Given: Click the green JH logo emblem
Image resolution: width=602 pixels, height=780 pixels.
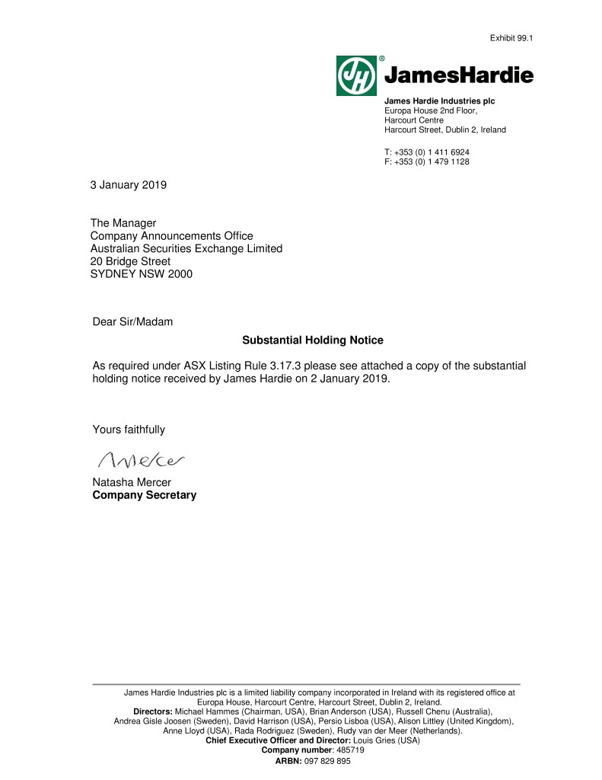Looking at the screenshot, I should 356,75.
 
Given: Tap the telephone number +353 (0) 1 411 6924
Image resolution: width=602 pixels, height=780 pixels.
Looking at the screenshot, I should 437,152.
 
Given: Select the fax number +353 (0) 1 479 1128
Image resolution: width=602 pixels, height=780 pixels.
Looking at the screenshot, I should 437,161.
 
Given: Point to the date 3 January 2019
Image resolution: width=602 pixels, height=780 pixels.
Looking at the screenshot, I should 129,184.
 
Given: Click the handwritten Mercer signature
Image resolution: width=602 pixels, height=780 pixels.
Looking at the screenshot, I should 142,459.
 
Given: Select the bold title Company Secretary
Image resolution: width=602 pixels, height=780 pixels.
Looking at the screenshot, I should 144,495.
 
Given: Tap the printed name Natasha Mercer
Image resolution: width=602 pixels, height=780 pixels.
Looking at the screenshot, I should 132,482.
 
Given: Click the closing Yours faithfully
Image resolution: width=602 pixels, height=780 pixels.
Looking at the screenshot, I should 129,430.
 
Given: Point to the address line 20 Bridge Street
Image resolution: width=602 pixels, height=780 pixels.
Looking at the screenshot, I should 130,261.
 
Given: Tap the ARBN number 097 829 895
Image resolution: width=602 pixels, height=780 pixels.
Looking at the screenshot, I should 326,761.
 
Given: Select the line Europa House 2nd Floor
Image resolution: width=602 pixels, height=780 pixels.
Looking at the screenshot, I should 431,110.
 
